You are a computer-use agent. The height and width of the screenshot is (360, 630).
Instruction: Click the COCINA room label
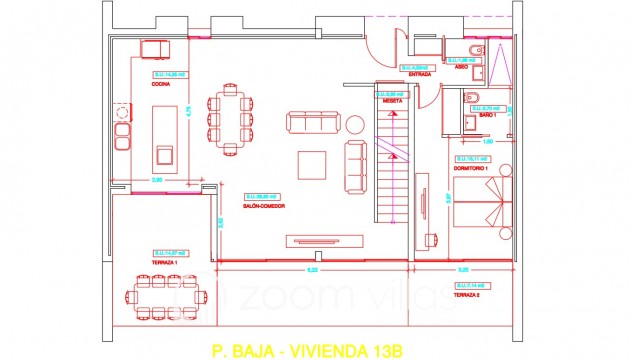[160, 85]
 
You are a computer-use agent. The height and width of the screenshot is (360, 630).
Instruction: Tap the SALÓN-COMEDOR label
[263, 206]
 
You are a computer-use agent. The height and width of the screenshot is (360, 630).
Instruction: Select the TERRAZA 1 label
[163, 261]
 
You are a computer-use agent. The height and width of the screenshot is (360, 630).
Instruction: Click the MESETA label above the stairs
[393, 101]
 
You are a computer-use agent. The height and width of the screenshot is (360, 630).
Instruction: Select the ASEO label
[461, 68]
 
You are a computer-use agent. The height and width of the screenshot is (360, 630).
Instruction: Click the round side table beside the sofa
[354, 124]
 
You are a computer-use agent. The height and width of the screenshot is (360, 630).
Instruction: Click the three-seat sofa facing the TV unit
[313, 123]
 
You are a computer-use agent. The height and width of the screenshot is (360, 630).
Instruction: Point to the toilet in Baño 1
[473, 97]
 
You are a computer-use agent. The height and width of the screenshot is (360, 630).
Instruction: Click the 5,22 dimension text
[312, 271]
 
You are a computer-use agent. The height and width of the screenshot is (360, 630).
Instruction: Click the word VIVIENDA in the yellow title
[338, 351]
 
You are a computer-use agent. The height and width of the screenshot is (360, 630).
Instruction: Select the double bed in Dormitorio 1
[484, 211]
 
